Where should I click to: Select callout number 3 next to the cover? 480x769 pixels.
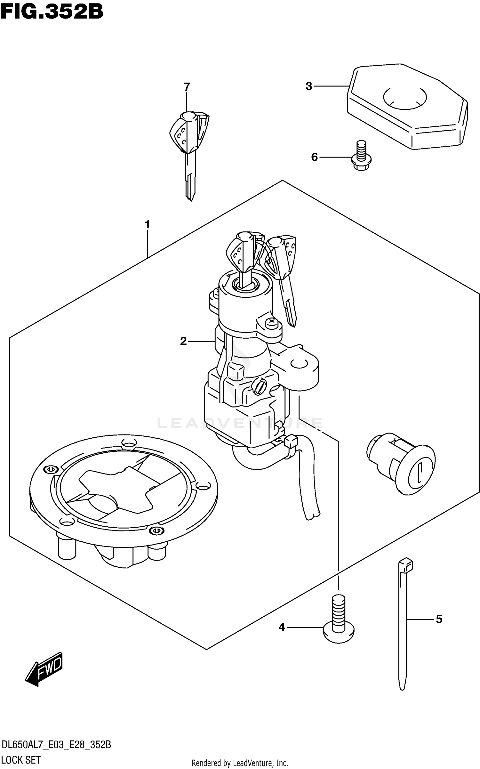point(309,86)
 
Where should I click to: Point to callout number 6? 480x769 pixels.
point(315,157)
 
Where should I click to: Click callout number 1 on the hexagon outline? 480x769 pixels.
point(147,225)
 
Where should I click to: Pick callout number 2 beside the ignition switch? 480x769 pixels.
point(183,341)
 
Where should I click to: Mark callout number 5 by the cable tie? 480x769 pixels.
point(439,619)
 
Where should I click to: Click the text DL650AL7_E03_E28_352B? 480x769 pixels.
point(56,745)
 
